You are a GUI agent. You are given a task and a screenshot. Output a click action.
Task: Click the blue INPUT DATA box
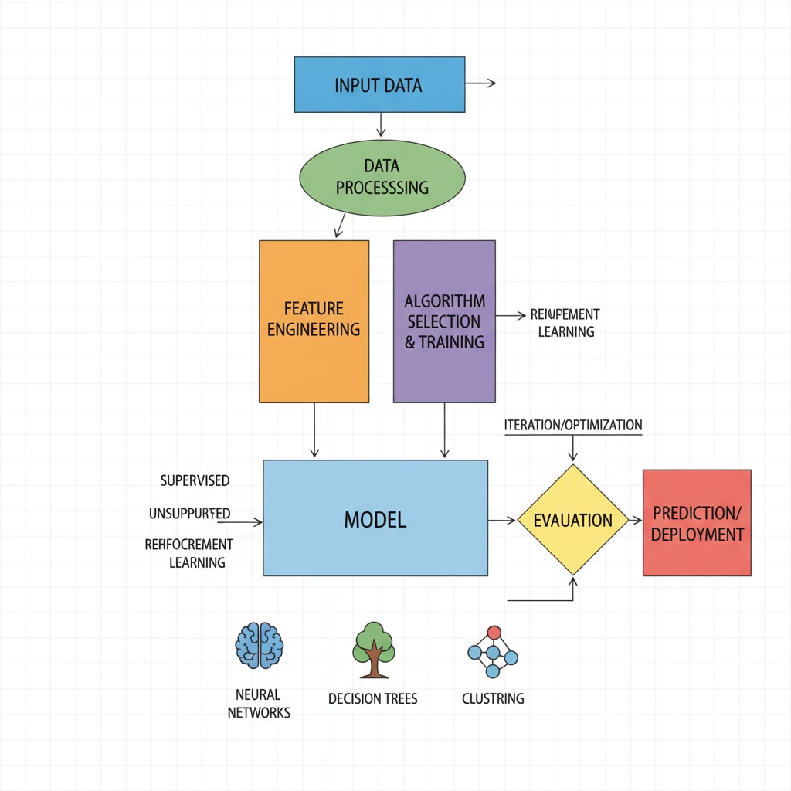pos(379,84)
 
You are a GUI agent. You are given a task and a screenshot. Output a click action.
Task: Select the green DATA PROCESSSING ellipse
pos(382,177)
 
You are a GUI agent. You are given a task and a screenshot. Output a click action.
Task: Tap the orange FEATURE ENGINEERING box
pos(314,321)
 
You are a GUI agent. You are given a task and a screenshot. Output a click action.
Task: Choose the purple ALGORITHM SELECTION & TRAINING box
pos(444,321)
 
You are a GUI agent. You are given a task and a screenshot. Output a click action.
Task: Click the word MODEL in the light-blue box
pos(375,519)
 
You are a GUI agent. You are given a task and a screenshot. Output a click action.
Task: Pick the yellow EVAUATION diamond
pos(572,520)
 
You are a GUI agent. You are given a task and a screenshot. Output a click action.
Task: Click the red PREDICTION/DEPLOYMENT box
pos(697,523)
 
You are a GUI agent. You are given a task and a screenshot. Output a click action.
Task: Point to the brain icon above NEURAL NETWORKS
pos(260,646)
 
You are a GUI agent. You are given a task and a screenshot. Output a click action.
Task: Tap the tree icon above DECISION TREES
pos(374,649)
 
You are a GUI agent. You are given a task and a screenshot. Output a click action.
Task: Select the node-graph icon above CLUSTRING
pos(493,653)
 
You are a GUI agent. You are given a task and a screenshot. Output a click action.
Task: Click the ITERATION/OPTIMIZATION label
pos(572,426)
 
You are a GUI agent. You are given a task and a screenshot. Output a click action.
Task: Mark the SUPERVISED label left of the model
pos(195,480)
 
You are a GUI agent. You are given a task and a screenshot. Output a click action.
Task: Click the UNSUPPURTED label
pos(189,513)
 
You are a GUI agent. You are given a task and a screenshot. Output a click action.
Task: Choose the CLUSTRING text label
pos(493,698)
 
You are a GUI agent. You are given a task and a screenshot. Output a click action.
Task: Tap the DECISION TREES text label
pos(372,698)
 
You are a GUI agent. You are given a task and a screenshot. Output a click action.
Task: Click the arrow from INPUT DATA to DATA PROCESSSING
pos(380,124)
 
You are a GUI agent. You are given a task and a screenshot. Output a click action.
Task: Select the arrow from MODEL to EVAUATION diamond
pos(502,521)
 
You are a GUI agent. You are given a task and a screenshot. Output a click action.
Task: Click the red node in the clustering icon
pos(494,633)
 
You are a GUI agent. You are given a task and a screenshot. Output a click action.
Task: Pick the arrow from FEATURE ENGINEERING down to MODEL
pos(314,430)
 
